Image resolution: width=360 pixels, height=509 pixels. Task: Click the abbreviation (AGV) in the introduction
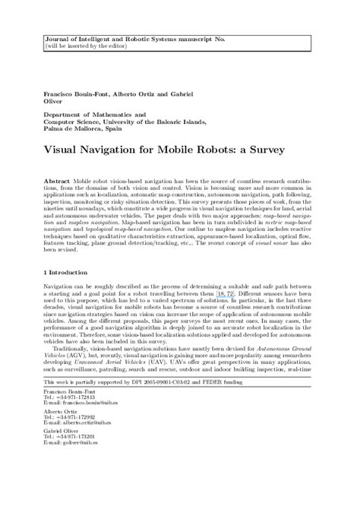pos(80,375)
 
